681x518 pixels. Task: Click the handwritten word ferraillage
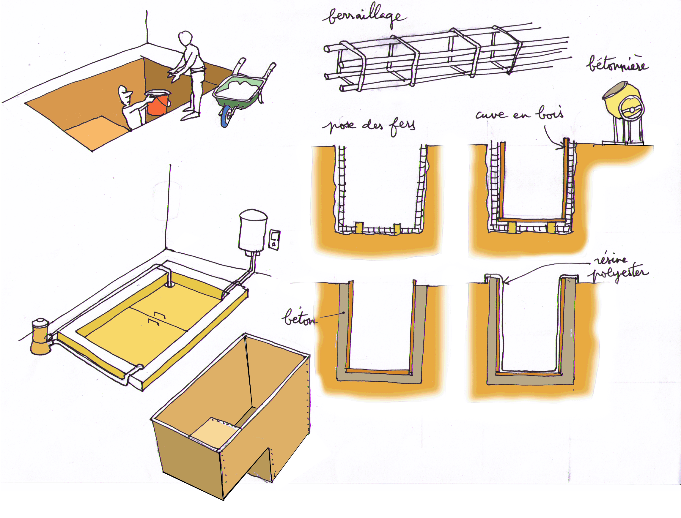365,15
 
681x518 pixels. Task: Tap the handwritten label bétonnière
617,64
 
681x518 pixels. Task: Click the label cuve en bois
520,113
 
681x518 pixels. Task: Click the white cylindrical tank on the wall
253,230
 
